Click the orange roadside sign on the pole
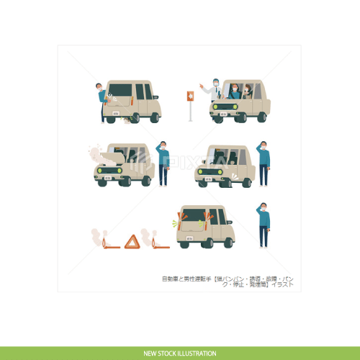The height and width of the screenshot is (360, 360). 191,94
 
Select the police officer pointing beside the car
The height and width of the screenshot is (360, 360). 213,89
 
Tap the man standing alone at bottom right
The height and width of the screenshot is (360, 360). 264,224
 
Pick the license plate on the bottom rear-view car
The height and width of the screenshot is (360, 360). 190,237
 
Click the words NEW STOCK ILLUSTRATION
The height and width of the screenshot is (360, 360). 180,354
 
